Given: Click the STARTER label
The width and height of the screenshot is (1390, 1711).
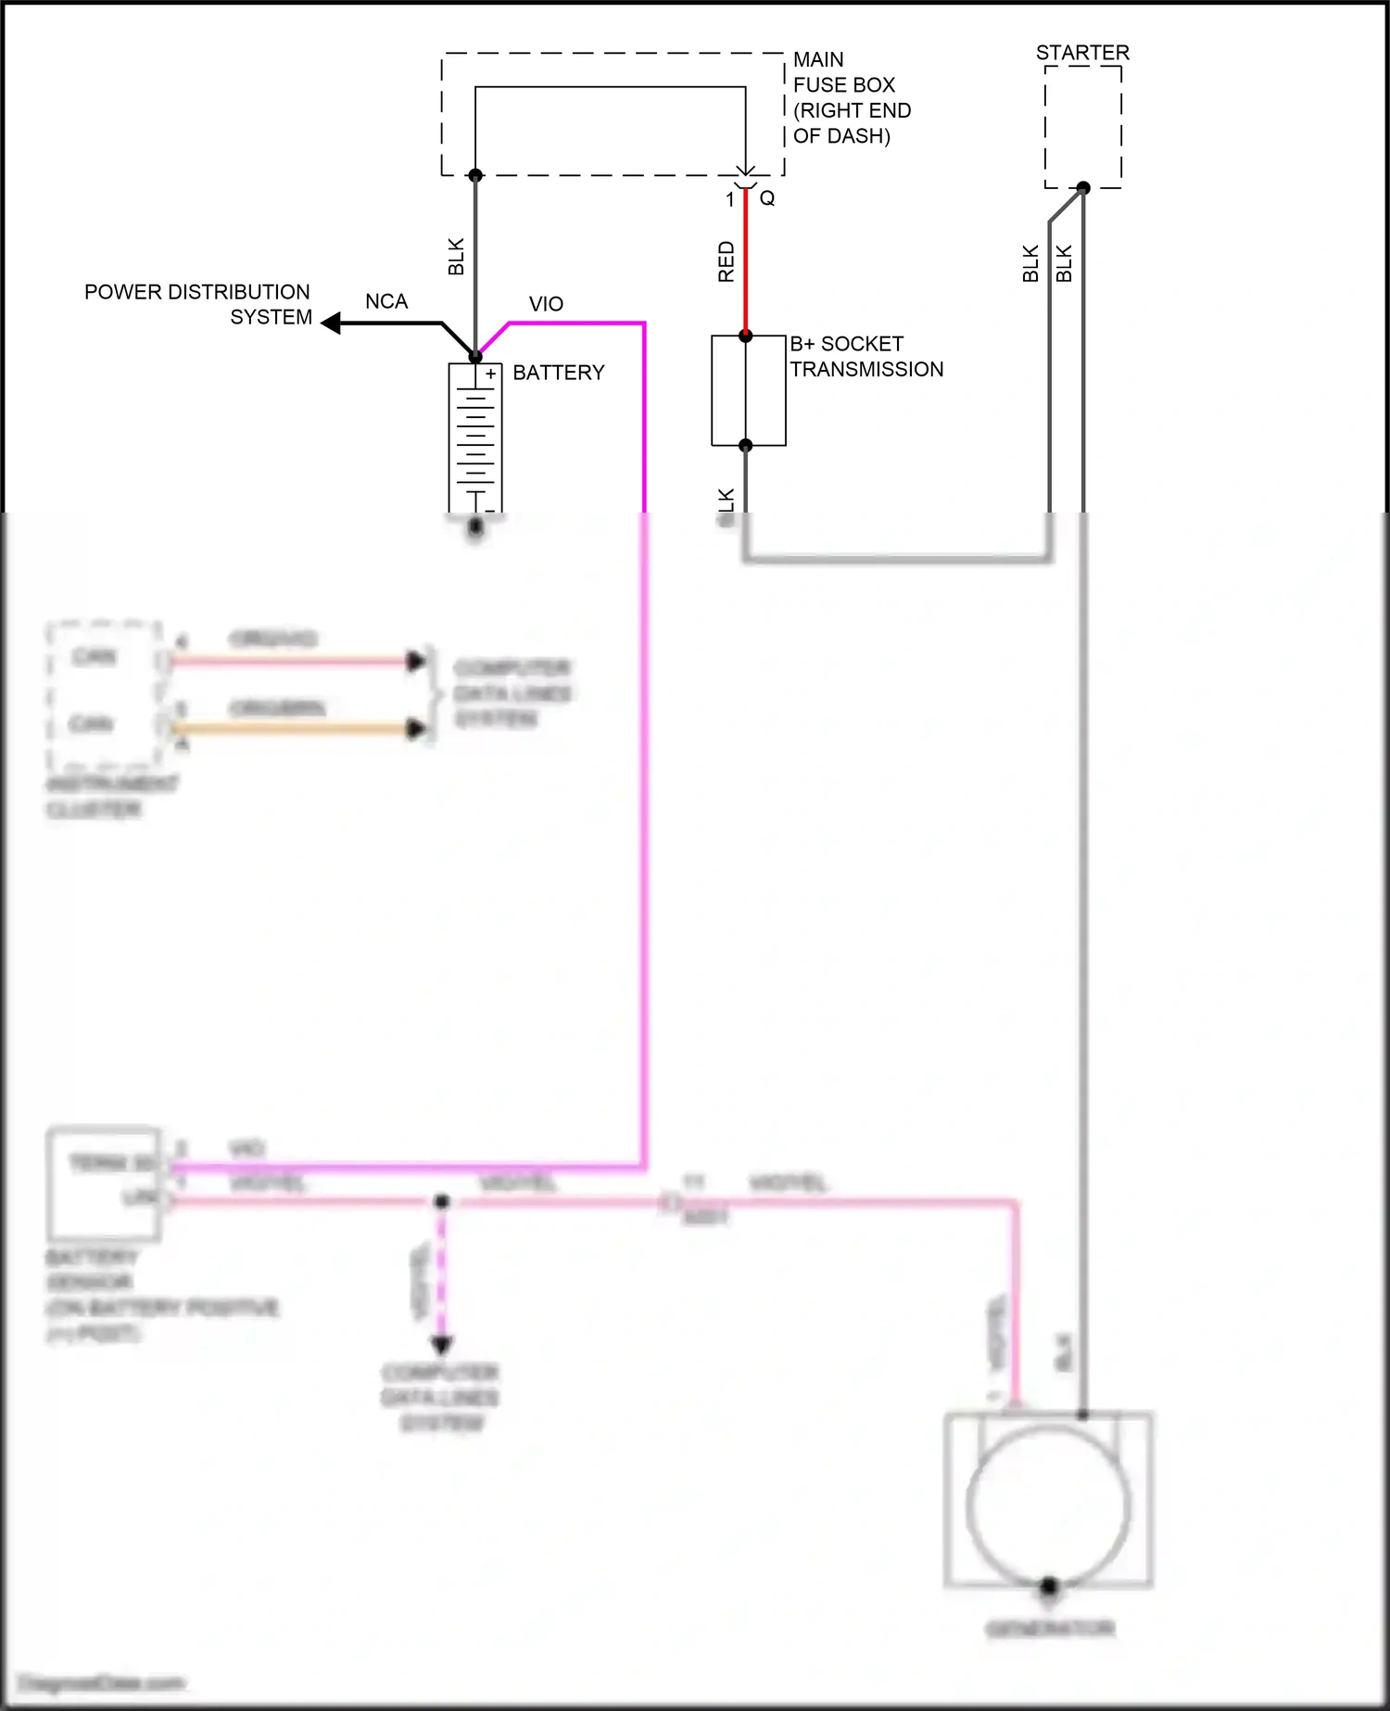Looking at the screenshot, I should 1082,53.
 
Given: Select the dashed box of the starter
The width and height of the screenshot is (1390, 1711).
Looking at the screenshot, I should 1082,126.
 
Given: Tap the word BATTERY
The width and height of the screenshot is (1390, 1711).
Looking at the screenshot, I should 558,373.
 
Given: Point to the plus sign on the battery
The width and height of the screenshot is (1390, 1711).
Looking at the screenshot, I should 490,374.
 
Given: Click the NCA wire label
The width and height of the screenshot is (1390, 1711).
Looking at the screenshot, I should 386,302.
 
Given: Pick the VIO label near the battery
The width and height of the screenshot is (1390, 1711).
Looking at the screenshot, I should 546,304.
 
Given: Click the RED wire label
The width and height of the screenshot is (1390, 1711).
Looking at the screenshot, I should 727,261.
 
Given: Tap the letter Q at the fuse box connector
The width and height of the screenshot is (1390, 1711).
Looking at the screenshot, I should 767,198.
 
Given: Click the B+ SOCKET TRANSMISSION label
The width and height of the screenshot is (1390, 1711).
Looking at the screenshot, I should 866,357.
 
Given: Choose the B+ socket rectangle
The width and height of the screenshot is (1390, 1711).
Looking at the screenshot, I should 748,390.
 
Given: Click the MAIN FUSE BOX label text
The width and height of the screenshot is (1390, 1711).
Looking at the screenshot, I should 851,97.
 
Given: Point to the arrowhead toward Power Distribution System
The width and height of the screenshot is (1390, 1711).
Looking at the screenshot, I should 331,323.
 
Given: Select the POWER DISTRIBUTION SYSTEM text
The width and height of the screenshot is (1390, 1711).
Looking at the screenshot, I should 198,304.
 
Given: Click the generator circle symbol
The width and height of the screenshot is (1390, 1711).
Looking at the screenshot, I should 1048,1506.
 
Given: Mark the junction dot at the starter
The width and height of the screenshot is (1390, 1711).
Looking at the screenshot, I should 1082,187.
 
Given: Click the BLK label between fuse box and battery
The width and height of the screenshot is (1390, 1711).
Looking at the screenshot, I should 456,257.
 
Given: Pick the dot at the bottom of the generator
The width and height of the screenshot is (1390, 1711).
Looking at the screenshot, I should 1049,1585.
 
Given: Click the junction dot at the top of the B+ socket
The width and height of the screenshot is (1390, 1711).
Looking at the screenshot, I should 746,336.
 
